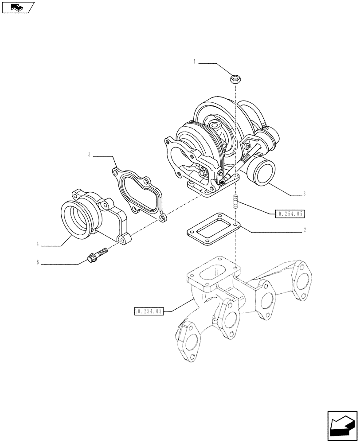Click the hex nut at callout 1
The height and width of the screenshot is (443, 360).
235,80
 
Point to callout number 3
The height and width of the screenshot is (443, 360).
305,194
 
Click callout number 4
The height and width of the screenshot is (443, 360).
38,244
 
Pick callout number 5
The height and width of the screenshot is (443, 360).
89,155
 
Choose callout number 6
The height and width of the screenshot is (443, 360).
38,263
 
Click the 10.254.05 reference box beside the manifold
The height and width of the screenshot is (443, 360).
149,311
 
